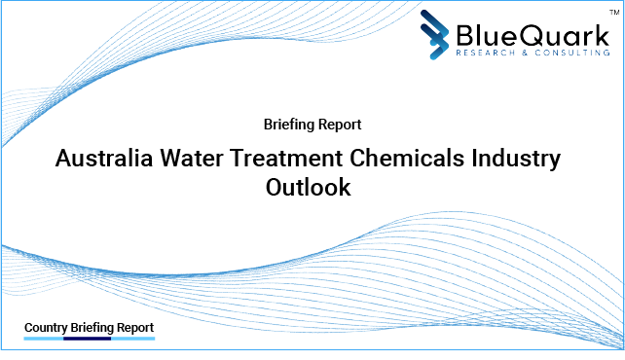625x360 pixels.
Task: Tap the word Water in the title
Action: [x=201, y=157]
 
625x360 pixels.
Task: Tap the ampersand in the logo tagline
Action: [x=516, y=54]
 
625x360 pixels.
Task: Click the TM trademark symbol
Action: [x=609, y=11]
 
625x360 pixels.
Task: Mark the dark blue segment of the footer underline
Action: [x=89, y=339]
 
